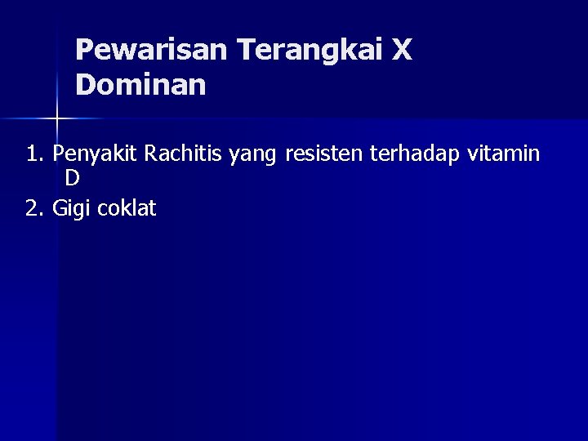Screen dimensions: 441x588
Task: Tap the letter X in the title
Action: point(402,51)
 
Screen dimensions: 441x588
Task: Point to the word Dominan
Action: point(140,85)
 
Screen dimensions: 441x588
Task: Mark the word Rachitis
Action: point(185,154)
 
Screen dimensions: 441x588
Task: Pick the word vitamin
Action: point(503,154)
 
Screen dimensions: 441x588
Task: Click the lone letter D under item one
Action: point(73,179)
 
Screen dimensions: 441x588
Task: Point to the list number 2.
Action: point(33,208)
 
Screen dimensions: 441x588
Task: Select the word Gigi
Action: point(71,209)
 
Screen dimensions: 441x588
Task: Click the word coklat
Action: point(127,208)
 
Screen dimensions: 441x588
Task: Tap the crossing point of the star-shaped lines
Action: point(57,118)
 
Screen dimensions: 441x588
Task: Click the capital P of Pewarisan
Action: point(84,51)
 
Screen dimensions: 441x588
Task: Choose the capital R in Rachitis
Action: point(151,154)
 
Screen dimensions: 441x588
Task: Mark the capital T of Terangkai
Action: point(246,51)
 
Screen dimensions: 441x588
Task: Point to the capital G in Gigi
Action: point(59,208)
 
